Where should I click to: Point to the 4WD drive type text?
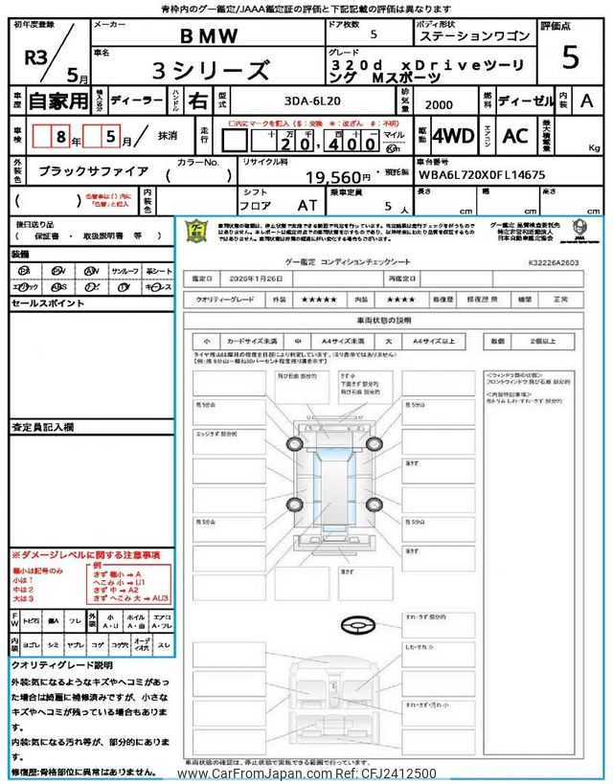pyautogui.click(x=453, y=135)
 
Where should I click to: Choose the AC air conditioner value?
pyautogui.click(x=514, y=135)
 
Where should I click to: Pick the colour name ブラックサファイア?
pyautogui.click(x=94, y=170)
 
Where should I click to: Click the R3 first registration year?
pyautogui.click(x=37, y=55)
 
